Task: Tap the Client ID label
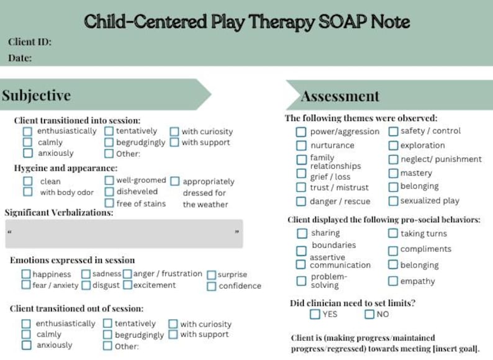pos(30,42)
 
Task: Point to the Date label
pos(20,58)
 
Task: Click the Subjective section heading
pos(36,95)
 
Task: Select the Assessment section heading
pos(340,96)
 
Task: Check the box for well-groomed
pos(109,181)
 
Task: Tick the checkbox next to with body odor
pos(28,192)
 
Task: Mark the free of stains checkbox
pos(109,203)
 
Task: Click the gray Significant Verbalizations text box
pos(124,233)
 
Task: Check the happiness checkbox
pos(26,274)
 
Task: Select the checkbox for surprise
pos(212,274)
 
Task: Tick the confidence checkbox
pos(212,286)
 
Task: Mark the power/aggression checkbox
pos(301,132)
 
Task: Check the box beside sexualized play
pos(393,201)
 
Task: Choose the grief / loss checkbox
pos(301,176)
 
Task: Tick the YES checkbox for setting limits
pos(315,314)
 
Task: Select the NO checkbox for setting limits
pos(369,314)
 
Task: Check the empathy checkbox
pos(393,281)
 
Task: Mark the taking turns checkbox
pos(393,233)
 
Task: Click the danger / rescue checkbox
pos(301,201)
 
